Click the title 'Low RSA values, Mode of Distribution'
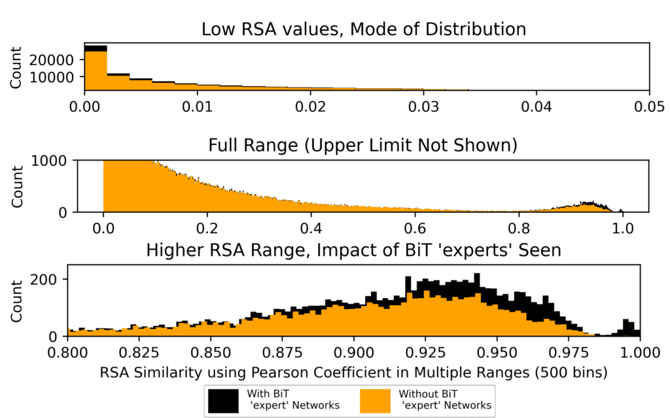pos(364,29)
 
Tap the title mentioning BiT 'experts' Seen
pos(353,251)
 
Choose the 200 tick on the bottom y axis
pos(49,280)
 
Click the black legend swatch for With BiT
pos(224,399)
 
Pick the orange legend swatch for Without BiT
pos(378,399)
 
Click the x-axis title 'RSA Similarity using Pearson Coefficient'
pos(353,373)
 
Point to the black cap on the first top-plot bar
pos(96,48)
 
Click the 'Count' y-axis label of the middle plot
pos(18,185)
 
